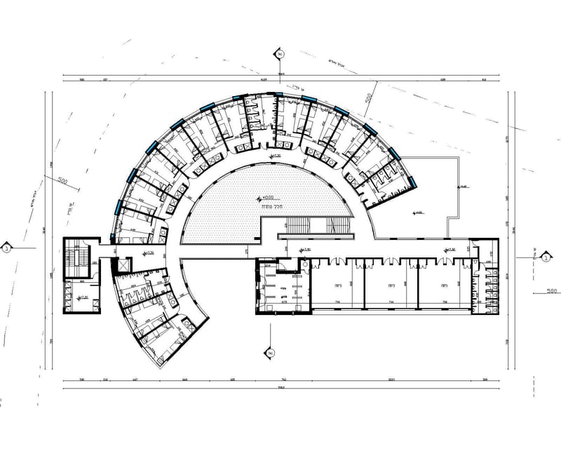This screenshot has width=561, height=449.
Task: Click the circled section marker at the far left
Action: tap(6, 248)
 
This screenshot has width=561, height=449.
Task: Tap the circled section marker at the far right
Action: tap(545, 257)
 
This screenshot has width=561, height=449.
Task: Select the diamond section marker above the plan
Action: tap(279, 53)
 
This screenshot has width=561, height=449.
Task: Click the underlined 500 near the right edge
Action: tap(550, 290)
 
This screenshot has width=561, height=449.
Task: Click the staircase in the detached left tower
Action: tap(74, 257)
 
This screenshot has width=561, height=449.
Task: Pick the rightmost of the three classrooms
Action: tap(444, 285)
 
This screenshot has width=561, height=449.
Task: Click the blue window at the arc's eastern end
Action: tap(412, 182)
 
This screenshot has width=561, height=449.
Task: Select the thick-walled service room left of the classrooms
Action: tap(282, 288)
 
